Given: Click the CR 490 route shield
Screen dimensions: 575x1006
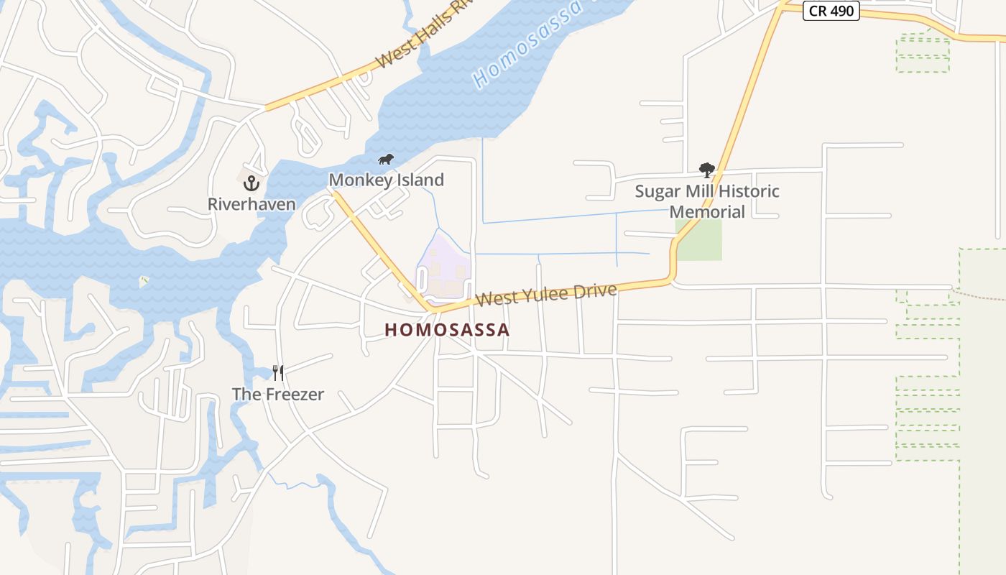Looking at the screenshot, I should (x=831, y=11).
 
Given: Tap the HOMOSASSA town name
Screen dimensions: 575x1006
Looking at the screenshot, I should (x=447, y=330).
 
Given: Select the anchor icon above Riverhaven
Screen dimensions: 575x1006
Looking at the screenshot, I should (x=251, y=183).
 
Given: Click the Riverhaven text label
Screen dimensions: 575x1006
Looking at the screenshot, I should (x=251, y=204).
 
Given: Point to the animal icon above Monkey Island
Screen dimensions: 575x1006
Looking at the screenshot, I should (x=386, y=159).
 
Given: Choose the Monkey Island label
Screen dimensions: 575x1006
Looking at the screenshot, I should (x=387, y=180).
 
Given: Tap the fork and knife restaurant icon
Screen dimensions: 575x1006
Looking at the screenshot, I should (x=278, y=372).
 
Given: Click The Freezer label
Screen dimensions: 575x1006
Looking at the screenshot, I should (x=278, y=394).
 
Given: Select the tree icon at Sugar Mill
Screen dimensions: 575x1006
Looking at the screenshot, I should (x=707, y=170).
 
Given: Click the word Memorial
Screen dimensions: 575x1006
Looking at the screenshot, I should (x=707, y=212).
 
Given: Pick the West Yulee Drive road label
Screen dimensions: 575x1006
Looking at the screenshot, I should (x=546, y=295).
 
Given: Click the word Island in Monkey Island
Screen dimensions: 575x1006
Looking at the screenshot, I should (x=420, y=180).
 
